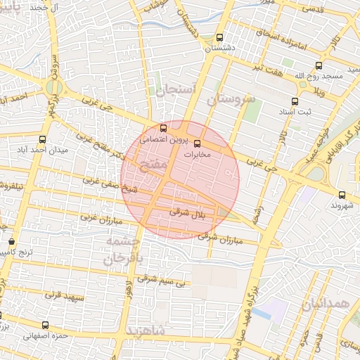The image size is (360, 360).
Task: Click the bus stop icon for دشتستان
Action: tap(220, 38)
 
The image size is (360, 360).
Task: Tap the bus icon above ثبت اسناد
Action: tap(295, 101)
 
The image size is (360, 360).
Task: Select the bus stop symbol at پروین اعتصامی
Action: tap(164, 129)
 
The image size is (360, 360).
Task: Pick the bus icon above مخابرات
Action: tap(196, 143)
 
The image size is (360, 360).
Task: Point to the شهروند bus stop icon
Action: tap(342, 195)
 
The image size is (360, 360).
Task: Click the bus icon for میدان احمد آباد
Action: tap(43, 140)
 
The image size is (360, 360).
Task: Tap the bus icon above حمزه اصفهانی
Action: tap(45, 326)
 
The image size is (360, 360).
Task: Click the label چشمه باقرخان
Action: tap(124, 250)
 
